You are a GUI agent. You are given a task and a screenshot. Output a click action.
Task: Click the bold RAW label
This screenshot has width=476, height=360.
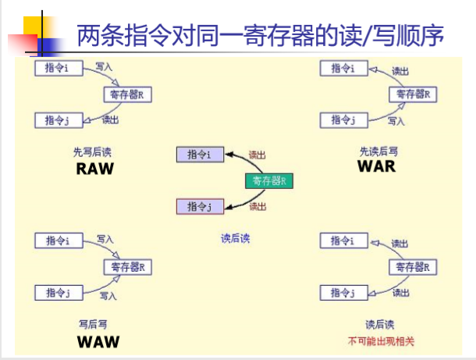coord(94,169)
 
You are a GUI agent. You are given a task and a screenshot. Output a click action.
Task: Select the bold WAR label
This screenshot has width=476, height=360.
coord(376,166)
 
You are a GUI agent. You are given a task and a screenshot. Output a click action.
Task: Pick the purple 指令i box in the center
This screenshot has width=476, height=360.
coord(200,155)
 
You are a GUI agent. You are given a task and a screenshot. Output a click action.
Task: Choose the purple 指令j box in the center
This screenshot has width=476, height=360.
coord(200,206)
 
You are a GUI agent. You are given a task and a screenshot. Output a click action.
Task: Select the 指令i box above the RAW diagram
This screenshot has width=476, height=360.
coord(58,69)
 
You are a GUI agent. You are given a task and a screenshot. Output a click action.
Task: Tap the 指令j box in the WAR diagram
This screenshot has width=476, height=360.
coord(344,120)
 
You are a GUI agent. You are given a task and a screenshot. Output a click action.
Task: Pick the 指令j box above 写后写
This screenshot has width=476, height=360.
coord(58,293)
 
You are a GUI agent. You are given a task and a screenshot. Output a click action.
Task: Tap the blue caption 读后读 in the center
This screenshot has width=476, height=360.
coord(235,238)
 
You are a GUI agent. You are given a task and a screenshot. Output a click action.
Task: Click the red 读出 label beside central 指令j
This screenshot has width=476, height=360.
coord(258,207)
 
